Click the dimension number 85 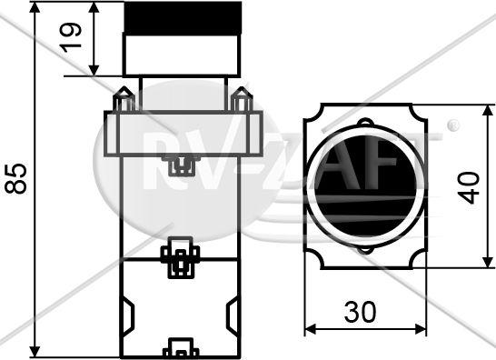coord(15,178)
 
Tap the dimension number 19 coord(71,37)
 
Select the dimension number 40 coord(469,187)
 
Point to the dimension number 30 coord(361,312)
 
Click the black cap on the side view coord(183,18)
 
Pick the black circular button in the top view coord(365,187)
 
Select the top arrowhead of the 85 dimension coord(35,7)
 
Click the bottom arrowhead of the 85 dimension coord(35,351)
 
